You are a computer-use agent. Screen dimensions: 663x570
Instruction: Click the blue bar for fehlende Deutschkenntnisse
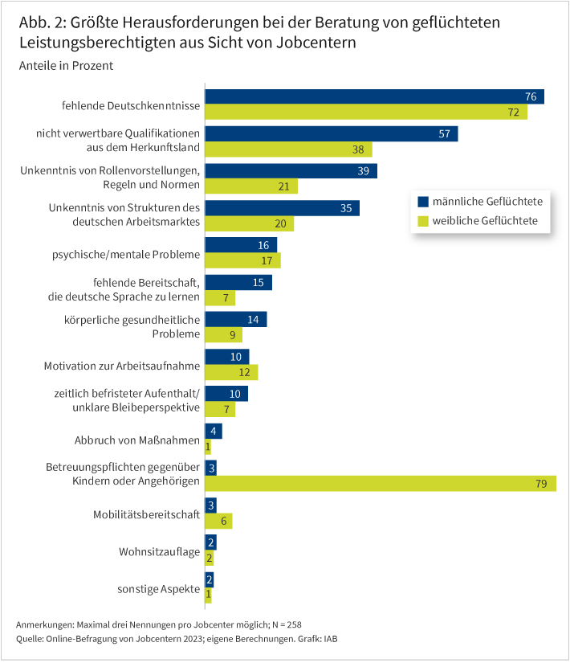click(374, 96)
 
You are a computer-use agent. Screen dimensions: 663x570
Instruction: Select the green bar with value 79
click(381, 483)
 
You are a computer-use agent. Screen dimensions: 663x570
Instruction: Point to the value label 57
click(444, 134)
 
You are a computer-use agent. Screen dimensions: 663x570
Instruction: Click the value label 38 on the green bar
click(359, 149)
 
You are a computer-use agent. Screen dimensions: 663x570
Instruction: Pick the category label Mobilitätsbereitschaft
click(147, 514)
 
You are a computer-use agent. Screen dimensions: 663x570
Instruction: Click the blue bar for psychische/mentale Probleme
click(241, 245)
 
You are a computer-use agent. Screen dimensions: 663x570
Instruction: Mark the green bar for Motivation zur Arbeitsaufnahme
click(231, 372)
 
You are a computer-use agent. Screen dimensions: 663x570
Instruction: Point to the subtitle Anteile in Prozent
click(66, 66)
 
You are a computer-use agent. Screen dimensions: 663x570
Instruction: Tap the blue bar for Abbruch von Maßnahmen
click(214, 432)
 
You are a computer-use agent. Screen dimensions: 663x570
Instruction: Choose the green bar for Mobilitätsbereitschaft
click(218, 521)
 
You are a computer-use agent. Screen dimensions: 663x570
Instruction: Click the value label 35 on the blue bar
click(346, 208)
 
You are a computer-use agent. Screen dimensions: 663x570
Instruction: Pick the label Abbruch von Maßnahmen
click(136, 440)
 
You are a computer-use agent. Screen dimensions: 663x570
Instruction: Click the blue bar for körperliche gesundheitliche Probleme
click(236, 320)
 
